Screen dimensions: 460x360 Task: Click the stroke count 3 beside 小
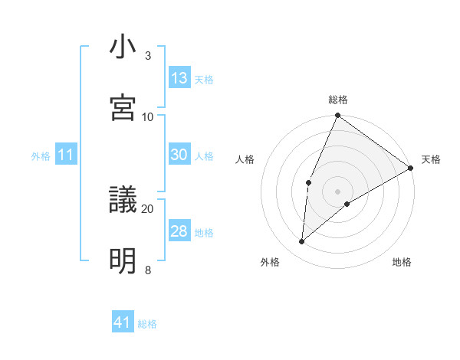pyautogui.click(x=148, y=56)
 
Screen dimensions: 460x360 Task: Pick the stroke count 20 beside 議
pyautogui.click(x=148, y=208)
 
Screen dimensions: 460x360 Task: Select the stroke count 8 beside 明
pyautogui.click(x=148, y=270)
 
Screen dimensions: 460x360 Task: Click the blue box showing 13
pyautogui.click(x=179, y=78)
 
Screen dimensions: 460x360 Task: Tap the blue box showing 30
pyautogui.click(x=179, y=155)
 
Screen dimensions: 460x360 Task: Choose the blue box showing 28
pyautogui.click(x=179, y=231)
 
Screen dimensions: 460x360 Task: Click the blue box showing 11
pyautogui.click(x=65, y=155)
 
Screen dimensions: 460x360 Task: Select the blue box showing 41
pyautogui.click(x=123, y=322)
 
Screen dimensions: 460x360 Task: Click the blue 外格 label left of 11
pyautogui.click(x=41, y=156)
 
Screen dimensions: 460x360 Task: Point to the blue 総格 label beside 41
pyautogui.click(x=147, y=324)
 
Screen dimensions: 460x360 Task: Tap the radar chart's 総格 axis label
pyautogui.click(x=338, y=100)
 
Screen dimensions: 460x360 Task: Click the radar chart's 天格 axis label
pyautogui.click(x=431, y=159)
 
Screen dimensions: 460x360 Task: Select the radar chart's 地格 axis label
pyautogui.click(x=402, y=262)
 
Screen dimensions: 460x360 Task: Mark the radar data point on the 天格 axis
pyautogui.click(x=411, y=168)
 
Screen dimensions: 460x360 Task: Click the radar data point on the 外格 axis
pyautogui.click(x=302, y=242)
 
